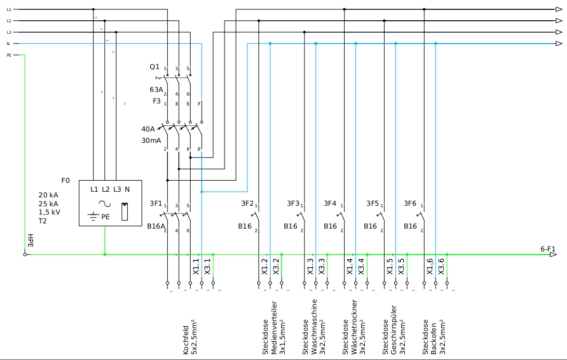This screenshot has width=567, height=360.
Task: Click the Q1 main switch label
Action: (154, 67)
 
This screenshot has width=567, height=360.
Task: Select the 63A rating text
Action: (156, 89)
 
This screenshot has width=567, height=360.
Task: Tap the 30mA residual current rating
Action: (151, 140)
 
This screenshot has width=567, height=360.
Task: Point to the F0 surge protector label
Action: (65, 180)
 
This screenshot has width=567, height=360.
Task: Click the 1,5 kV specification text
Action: (50, 212)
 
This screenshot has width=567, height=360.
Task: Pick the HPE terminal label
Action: (30, 241)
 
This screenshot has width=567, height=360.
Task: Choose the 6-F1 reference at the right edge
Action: (548, 249)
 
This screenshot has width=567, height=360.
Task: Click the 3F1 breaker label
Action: (156, 203)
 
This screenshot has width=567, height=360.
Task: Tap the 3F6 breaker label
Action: (411, 203)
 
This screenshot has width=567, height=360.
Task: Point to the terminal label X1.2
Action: (264, 266)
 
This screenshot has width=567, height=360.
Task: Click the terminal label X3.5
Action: (401, 266)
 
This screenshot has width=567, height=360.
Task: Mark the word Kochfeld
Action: (186, 340)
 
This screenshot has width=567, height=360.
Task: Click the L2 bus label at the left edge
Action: (9, 21)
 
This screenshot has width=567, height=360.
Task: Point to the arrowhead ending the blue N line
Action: (559, 44)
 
